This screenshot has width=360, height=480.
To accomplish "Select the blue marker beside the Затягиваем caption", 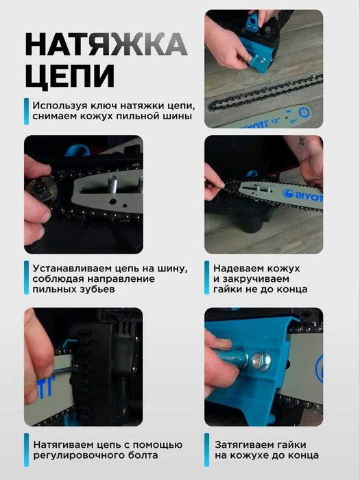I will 206,450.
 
